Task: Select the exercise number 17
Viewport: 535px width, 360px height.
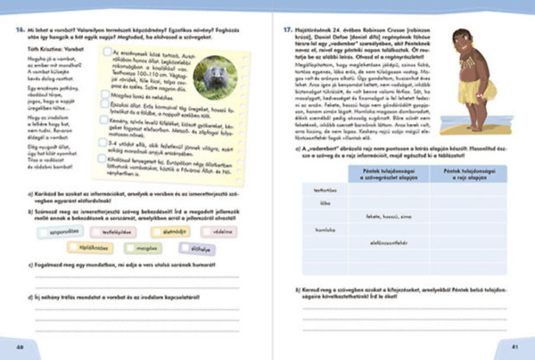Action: click(288, 31)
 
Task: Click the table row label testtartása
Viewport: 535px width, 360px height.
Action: click(325, 191)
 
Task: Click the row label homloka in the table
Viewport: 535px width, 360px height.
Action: click(323, 229)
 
